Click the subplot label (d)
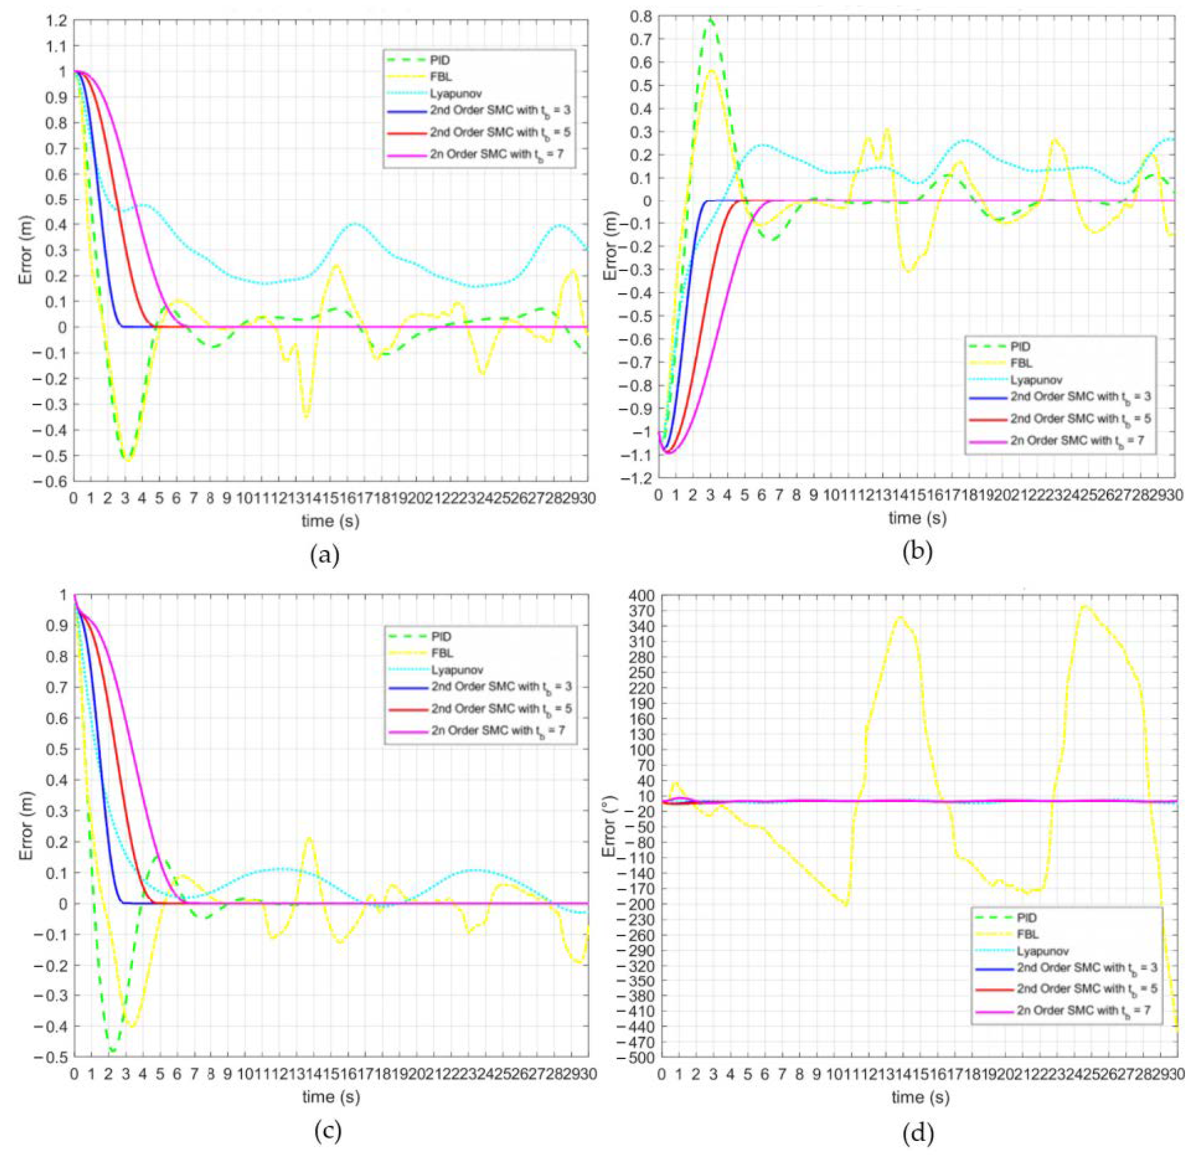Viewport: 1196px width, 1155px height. coord(918,1132)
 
